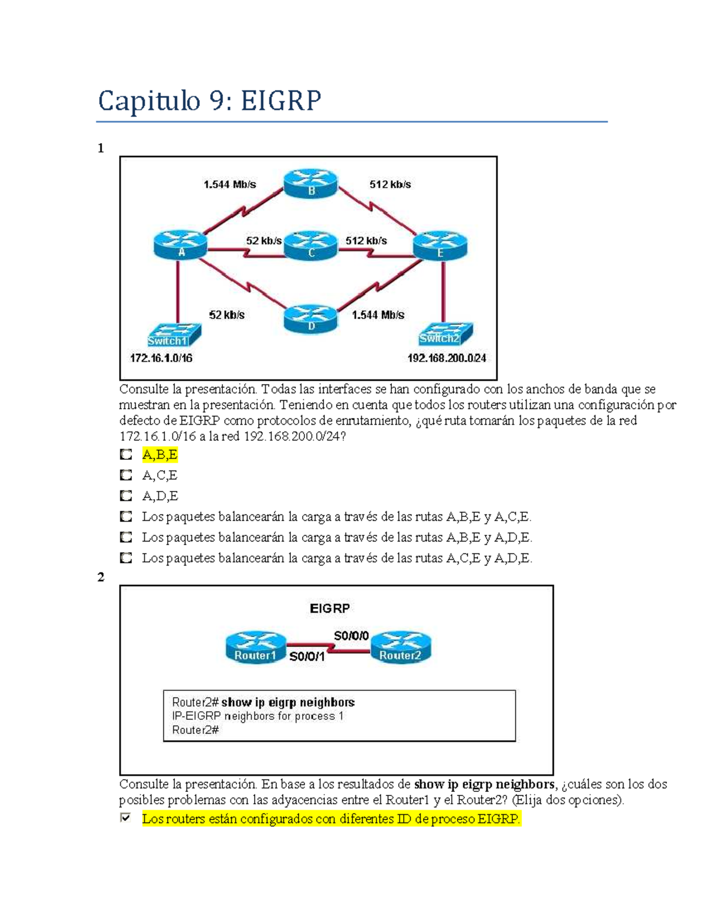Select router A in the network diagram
point(180,245)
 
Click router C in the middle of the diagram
point(311,245)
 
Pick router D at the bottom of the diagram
point(311,319)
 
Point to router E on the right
point(440,245)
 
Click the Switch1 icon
point(174,336)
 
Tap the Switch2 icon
point(446,333)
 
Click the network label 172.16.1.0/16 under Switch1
point(161,358)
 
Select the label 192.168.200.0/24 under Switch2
point(446,358)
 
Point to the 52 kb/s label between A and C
point(263,241)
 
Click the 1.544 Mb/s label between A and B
point(229,184)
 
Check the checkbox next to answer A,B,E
point(126,455)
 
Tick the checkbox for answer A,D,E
point(126,496)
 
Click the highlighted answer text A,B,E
point(160,455)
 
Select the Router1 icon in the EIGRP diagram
point(255,647)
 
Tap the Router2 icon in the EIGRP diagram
point(401,647)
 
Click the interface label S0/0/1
point(307,657)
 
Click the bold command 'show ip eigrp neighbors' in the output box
point(287,702)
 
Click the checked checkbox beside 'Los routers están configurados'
point(126,818)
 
